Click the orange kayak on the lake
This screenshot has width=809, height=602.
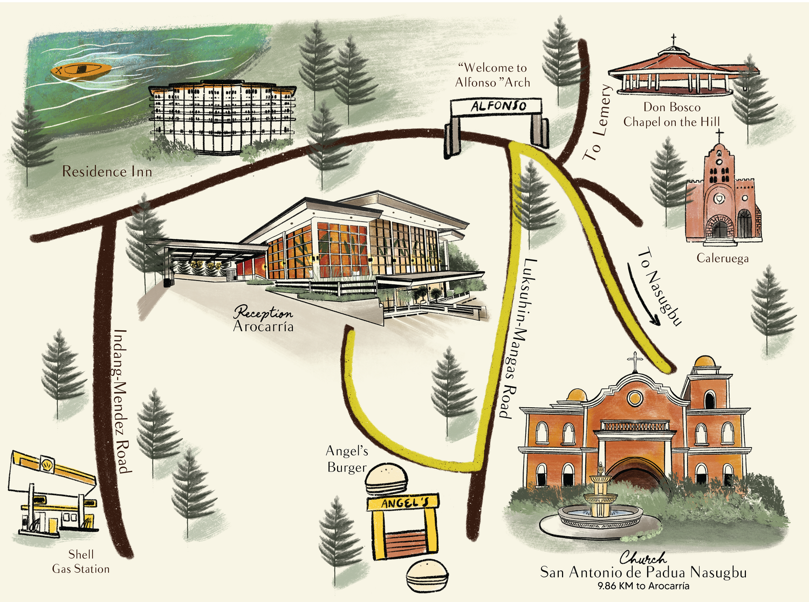tap(81, 71)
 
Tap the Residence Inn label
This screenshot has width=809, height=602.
tap(107, 172)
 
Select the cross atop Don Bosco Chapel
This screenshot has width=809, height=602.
tap(673, 39)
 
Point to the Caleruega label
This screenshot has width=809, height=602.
tap(722, 258)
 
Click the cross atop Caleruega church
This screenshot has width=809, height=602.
tap(719, 135)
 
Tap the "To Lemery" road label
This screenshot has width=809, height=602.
tap(597, 122)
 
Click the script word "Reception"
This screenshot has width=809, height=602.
tap(263, 313)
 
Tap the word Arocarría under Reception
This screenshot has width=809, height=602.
tap(263, 326)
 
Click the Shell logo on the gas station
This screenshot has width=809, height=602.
tap(48, 464)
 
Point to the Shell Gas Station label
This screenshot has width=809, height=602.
tap(80, 562)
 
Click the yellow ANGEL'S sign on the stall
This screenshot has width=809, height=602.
tap(403, 503)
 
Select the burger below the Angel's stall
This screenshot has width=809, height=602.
tap(427, 577)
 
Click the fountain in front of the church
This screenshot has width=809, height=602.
tap(600, 503)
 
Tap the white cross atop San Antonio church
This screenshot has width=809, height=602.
tap(635, 361)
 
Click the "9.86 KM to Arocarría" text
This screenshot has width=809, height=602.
tap(643, 586)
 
